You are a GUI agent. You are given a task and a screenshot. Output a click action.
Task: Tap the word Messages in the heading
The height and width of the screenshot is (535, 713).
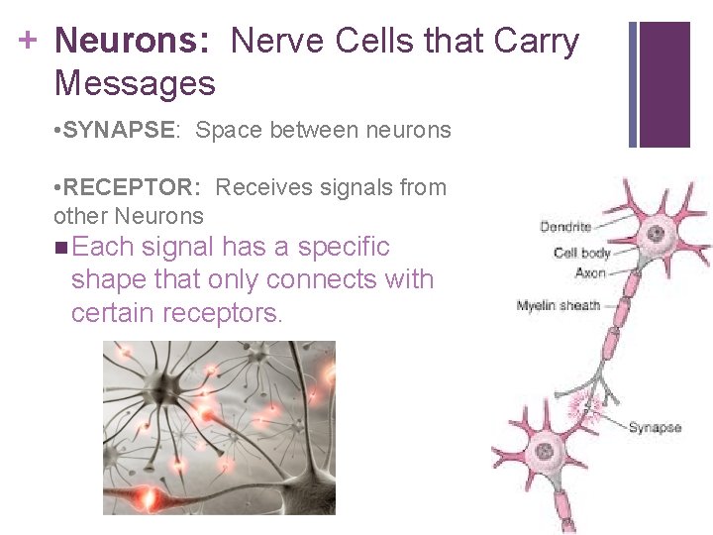pos(135,83)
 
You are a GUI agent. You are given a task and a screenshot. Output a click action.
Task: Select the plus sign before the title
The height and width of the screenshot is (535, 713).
pos(29,40)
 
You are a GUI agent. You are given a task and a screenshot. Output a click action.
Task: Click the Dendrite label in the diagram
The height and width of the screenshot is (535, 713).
pos(565,227)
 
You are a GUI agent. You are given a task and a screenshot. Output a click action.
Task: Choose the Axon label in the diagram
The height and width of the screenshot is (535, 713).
pos(590,272)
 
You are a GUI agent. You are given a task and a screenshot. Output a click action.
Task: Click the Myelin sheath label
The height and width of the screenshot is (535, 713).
pos(559,305)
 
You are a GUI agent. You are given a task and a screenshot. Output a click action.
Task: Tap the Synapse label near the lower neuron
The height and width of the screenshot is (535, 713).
pos(655,427)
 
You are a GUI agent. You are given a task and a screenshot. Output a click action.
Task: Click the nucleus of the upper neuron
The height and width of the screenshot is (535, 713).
pos(655,235)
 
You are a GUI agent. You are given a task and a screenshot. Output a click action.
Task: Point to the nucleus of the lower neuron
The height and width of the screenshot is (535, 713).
pos(544,452)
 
